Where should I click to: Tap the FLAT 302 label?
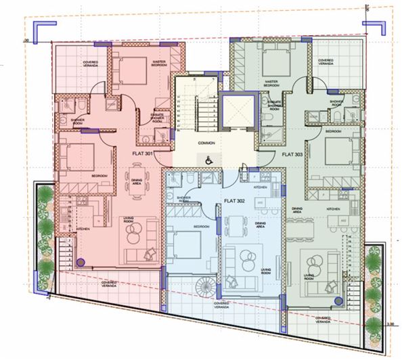[233, 201]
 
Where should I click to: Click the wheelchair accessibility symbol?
[208, 159]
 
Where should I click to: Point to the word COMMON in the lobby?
[207, 143]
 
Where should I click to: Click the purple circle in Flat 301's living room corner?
[81, 262]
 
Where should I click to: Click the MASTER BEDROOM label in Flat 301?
[160, 62]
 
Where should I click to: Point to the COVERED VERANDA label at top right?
[330, 62]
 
